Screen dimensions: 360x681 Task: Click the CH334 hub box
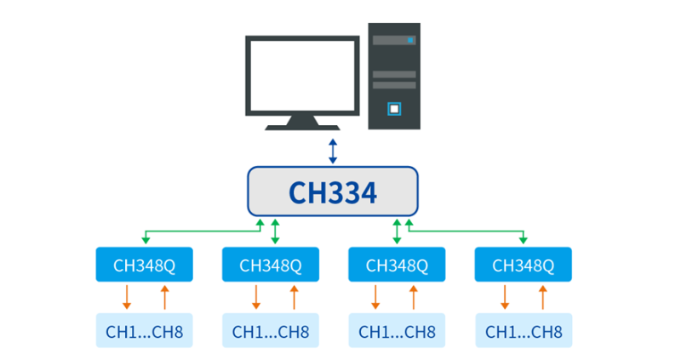333,191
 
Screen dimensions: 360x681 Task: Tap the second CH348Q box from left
271,265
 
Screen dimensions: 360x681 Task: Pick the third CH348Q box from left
397,265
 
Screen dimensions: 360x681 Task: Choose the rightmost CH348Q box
523,265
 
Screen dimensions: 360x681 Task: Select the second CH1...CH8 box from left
271,331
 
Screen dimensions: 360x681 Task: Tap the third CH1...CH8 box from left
397,331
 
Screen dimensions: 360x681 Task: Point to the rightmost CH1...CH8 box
523,331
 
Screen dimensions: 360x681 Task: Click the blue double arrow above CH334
333,151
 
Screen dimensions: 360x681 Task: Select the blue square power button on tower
393,108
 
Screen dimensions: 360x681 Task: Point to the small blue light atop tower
410,40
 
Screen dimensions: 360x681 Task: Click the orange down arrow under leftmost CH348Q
127,297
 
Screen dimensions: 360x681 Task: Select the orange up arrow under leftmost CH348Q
164,297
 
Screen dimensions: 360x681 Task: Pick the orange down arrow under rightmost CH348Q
505,297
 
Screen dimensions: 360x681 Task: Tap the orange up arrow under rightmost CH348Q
542,297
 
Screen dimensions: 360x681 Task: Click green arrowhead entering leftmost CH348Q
146,242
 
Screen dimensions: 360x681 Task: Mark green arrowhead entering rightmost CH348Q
524,242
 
